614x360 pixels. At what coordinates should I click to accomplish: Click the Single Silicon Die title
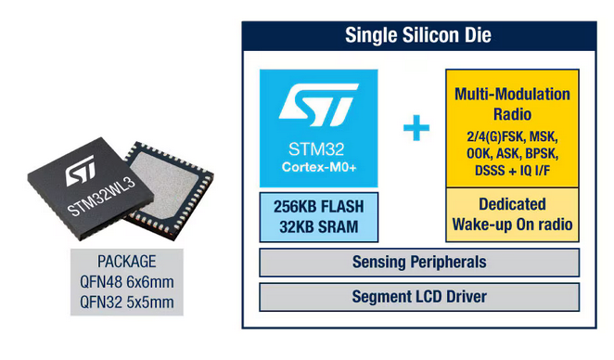tap(417, 35)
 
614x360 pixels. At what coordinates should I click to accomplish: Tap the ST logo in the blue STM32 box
tap(318, 104)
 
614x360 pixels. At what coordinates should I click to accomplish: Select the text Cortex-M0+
tap(319, 167)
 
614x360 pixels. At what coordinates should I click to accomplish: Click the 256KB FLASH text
tap(319, 207)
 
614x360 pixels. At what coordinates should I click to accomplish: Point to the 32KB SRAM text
tap(319, 227)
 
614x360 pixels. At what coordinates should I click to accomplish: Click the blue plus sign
tap(416, 128)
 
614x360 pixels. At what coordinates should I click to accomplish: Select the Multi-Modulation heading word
tap(512, 95)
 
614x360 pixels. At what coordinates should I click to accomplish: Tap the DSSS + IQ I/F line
tap(512, 171)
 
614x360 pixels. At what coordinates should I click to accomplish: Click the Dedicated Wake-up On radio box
tap(512, 214)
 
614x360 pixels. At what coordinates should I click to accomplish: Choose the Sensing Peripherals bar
tap(419, 263)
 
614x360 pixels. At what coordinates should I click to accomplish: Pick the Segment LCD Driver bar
tap(419, 297)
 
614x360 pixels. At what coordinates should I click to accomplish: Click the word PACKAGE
tap(127, 262)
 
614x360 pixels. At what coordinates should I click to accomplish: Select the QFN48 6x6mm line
tap(127, 282)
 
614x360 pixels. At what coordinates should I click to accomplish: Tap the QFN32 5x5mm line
tap(127, 302)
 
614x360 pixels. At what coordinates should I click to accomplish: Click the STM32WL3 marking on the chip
tap(101, 197)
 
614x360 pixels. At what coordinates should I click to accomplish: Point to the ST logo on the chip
tap(81, 171)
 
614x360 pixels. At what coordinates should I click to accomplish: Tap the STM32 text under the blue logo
tap(316, 149)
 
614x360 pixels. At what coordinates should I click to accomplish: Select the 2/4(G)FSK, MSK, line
tap(512, 136)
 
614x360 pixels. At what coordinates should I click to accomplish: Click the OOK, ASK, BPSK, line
tap(512, 154)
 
